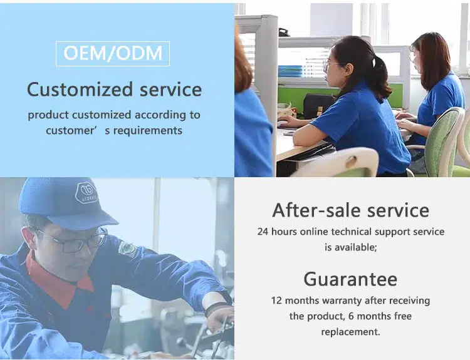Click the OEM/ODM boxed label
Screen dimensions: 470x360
113,54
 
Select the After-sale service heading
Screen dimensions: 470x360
350,210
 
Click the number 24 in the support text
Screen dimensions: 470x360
263,232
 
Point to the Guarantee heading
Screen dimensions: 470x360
350,279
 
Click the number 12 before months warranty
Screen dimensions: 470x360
276,301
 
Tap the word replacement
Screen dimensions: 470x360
350,332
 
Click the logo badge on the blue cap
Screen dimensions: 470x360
86,193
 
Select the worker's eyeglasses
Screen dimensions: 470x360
75,241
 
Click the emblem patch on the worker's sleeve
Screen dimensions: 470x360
128,249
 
